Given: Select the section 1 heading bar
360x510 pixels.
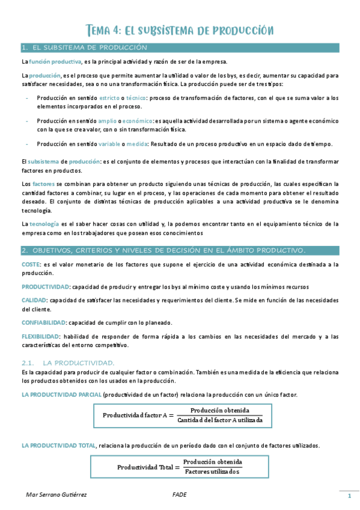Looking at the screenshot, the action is (180, 48).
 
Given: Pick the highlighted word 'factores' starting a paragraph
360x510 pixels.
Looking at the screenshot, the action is (43, 183).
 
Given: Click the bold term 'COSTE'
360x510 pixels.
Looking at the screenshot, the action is (31, 264).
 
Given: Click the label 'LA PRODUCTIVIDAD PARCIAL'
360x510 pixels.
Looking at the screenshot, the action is (61, 395).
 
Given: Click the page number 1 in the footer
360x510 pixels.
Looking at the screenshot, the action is (349, 496).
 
